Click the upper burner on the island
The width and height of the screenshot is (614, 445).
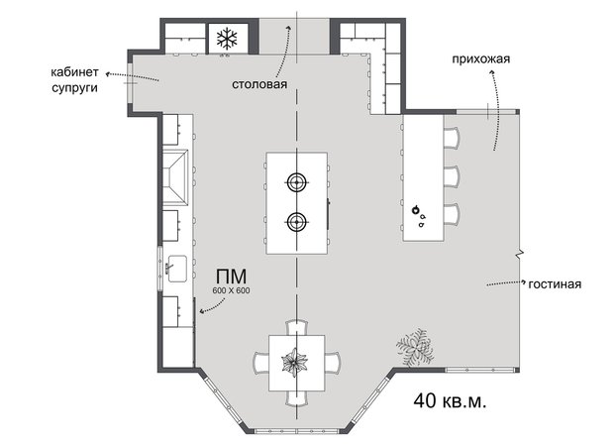pos(296,182)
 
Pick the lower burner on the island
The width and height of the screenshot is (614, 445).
pos(296,221)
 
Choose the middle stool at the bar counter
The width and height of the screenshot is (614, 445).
pos(451,176)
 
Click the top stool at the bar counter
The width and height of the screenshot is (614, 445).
pos(451,137)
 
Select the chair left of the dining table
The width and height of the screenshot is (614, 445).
pos(260,362)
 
